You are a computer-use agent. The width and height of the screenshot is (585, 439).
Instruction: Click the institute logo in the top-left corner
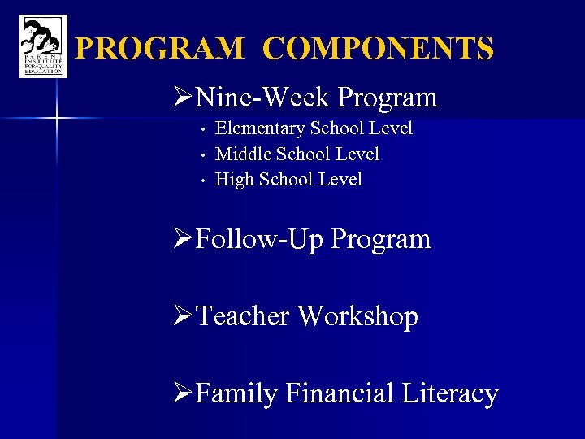(43, 47)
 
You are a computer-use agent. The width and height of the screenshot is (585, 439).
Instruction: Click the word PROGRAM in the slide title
(159, 49)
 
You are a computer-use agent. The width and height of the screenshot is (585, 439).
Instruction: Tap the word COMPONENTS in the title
(379, 49)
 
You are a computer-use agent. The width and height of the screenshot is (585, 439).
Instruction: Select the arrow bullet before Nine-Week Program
(184, 98)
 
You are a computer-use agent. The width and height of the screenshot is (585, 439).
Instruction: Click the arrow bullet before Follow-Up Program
(184, 240)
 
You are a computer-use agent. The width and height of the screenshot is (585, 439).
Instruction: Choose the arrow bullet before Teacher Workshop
(184, 316)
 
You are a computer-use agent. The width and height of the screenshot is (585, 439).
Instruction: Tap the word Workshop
(357, 316)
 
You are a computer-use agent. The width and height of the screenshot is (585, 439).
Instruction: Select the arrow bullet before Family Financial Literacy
(184, 393)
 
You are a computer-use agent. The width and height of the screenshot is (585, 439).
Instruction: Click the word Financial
(339, 393)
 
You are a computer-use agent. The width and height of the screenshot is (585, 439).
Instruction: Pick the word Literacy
(449, 394)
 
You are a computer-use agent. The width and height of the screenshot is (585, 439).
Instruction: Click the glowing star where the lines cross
(56, 119)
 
